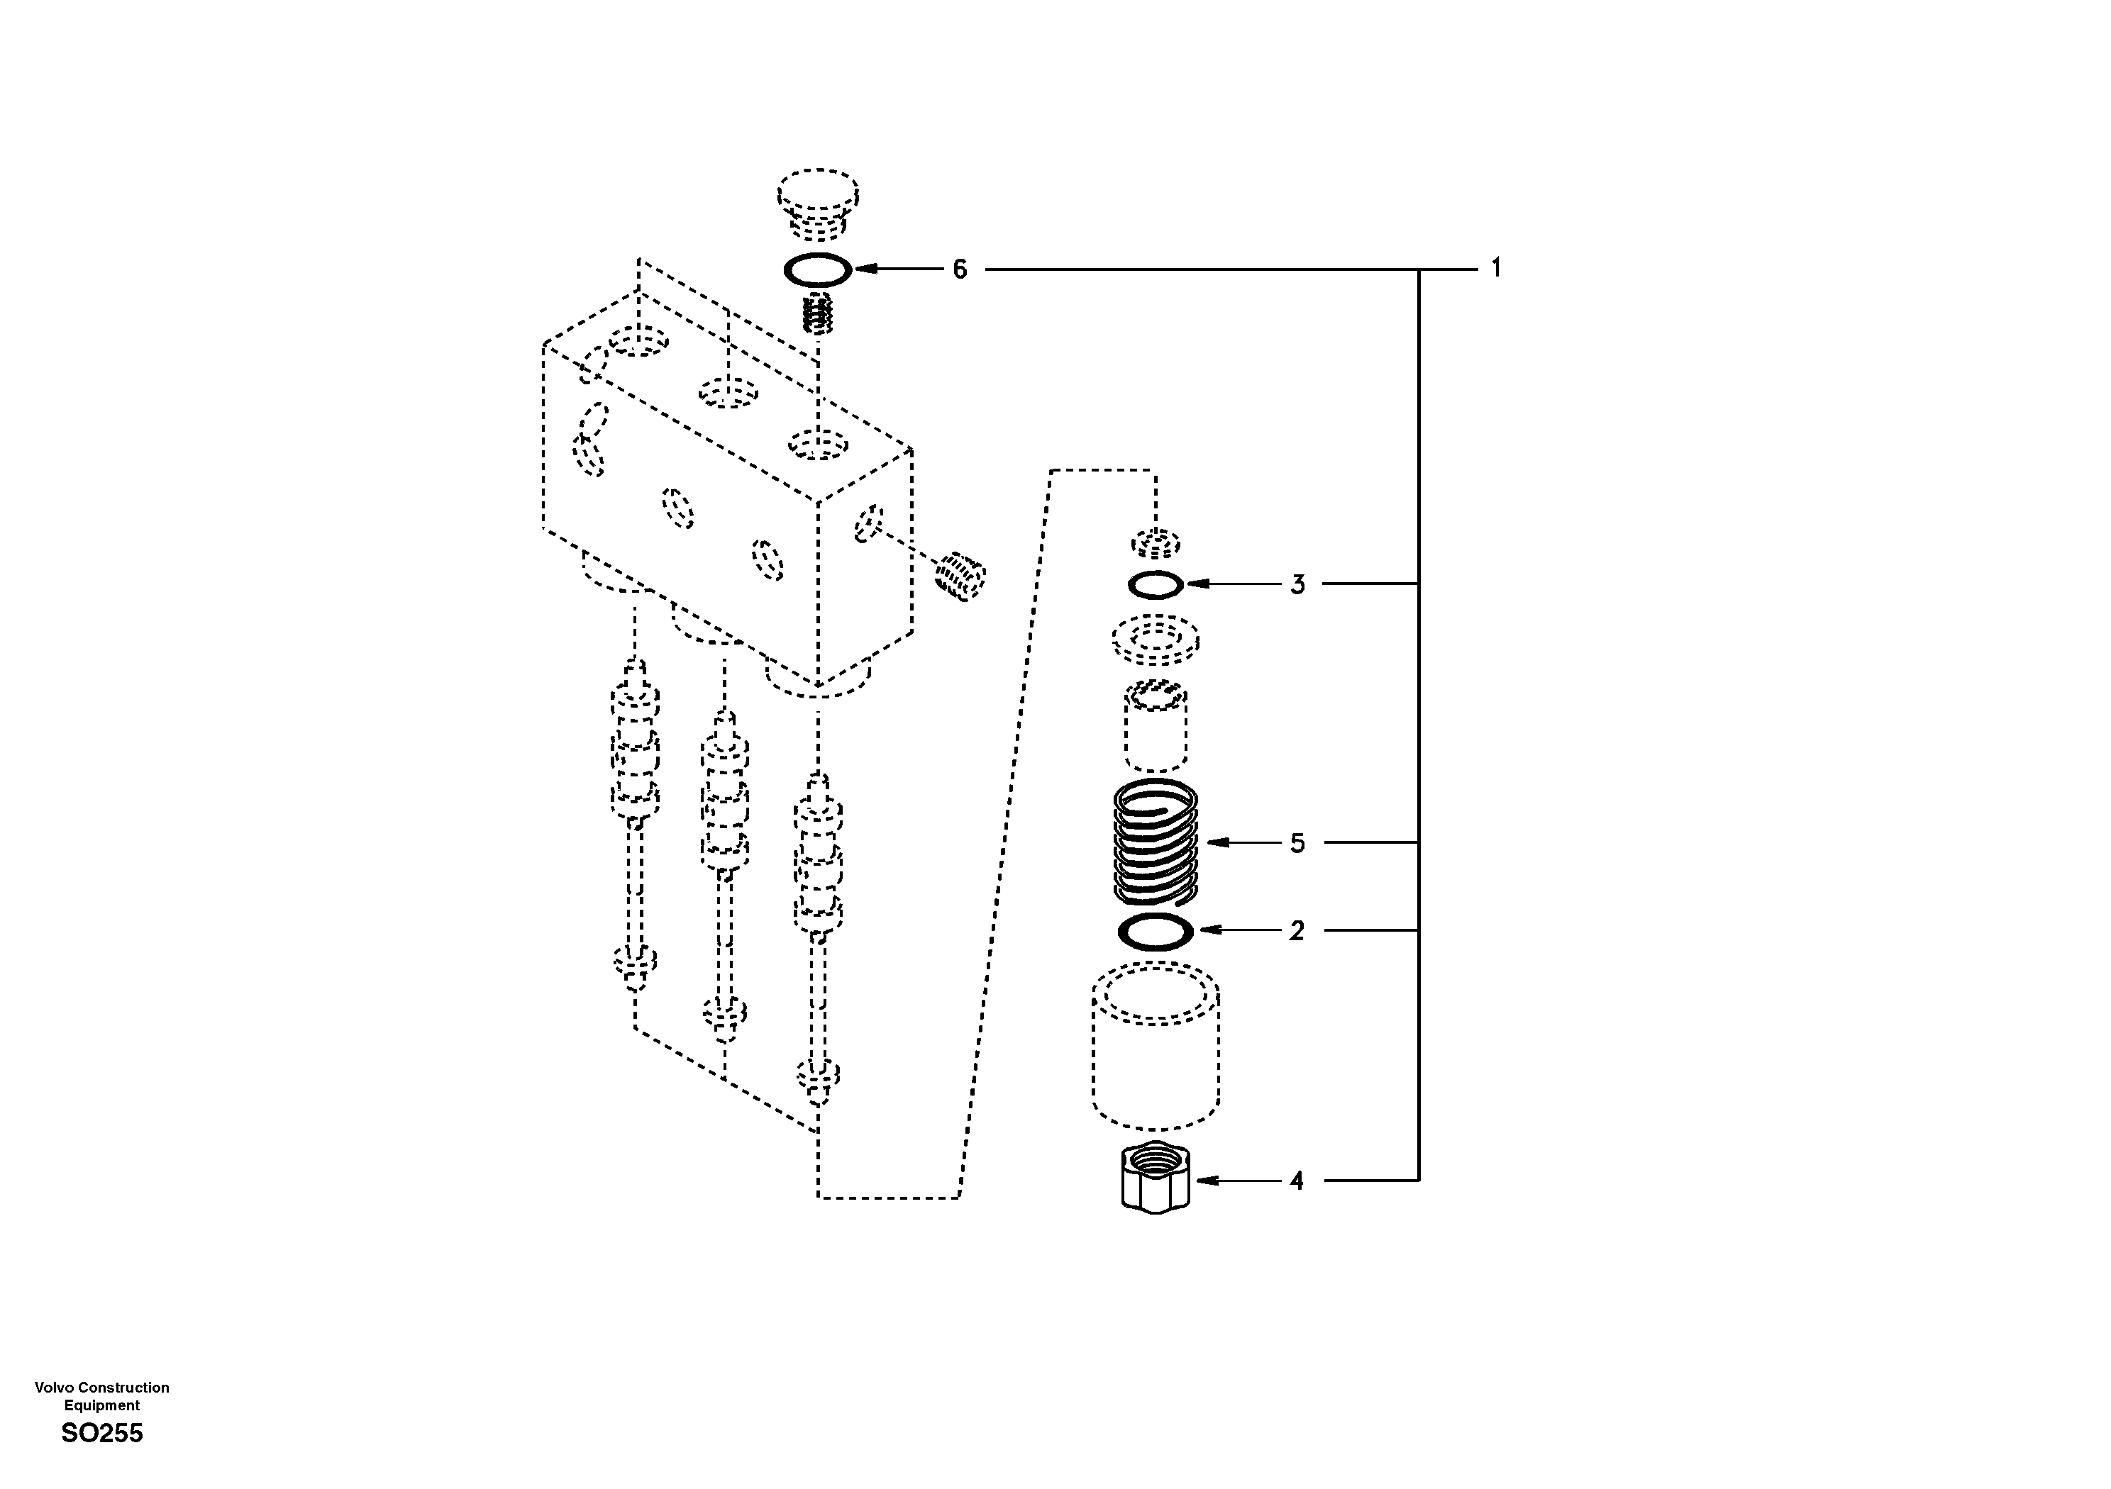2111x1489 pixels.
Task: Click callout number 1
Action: (1496, 269)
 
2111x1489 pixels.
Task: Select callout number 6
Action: (960, 269)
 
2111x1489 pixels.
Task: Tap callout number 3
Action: (1297, 584)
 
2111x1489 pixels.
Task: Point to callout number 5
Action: (1297, 843)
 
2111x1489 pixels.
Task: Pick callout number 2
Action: (1297, 931)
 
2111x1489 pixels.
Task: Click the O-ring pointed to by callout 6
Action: (817, 270)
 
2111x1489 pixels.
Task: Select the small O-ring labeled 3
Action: (1156, 584)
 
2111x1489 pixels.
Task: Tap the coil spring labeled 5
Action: (1156, 842)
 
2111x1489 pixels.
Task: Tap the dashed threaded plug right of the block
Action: (960, 575)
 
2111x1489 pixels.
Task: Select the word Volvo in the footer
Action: (53, 1388)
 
